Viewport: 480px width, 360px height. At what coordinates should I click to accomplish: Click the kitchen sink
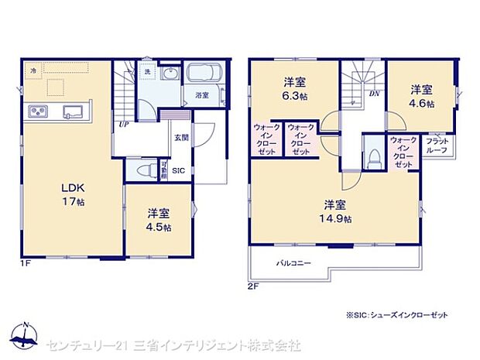point(74,111)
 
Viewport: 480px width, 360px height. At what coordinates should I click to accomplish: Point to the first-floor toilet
point(144,170)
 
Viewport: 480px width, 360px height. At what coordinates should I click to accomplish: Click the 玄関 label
point(180,138)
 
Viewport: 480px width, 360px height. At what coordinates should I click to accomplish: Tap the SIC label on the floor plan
point(179,170)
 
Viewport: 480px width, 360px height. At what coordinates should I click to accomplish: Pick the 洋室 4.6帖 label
point(422,96)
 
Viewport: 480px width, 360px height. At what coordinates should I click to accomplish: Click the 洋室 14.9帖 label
point(335,211)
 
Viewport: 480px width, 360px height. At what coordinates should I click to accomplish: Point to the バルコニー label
point(294,264)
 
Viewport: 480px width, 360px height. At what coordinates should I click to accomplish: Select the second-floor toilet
point(372,156)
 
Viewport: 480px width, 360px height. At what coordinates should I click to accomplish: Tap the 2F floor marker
point(252,286)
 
